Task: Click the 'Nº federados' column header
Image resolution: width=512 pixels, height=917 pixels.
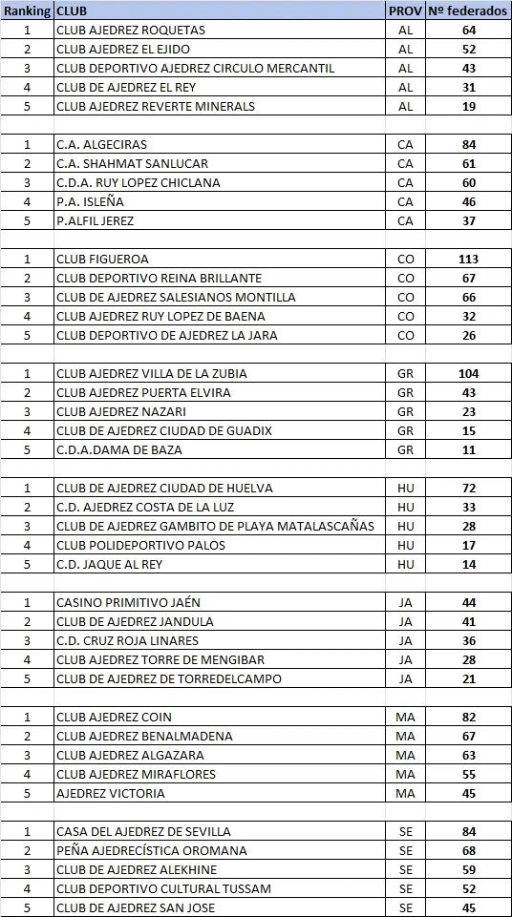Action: point(468,10)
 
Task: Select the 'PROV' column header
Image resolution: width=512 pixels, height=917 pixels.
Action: point(405,10)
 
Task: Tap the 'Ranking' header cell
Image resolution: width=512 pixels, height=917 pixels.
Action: point(27,10)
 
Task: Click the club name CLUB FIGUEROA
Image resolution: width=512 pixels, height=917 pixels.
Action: point(102,259)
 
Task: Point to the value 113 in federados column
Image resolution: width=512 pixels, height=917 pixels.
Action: point(468,259)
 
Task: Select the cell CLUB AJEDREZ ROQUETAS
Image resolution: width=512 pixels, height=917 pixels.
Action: point(131,30)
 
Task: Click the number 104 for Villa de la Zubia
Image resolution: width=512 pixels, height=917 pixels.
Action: point(468,373)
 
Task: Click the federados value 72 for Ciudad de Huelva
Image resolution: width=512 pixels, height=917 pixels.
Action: point(468,488)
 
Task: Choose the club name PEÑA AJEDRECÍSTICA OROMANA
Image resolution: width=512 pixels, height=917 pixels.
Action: point(152,850)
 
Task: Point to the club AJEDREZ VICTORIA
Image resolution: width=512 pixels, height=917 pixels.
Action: point(111,793)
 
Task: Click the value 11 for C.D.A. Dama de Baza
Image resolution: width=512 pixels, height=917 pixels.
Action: point(468,449)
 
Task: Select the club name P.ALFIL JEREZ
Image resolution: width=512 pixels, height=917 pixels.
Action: point(95,220)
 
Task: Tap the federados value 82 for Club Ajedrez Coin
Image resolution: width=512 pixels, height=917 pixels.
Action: point(468,717)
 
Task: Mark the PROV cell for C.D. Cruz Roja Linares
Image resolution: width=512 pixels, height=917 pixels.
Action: point(405,640)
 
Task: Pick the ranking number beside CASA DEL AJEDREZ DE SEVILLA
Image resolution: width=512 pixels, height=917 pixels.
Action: point(27,831)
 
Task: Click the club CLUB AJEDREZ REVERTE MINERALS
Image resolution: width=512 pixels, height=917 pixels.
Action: point(156,106)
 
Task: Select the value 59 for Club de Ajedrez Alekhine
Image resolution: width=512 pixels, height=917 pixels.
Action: point(468,869)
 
